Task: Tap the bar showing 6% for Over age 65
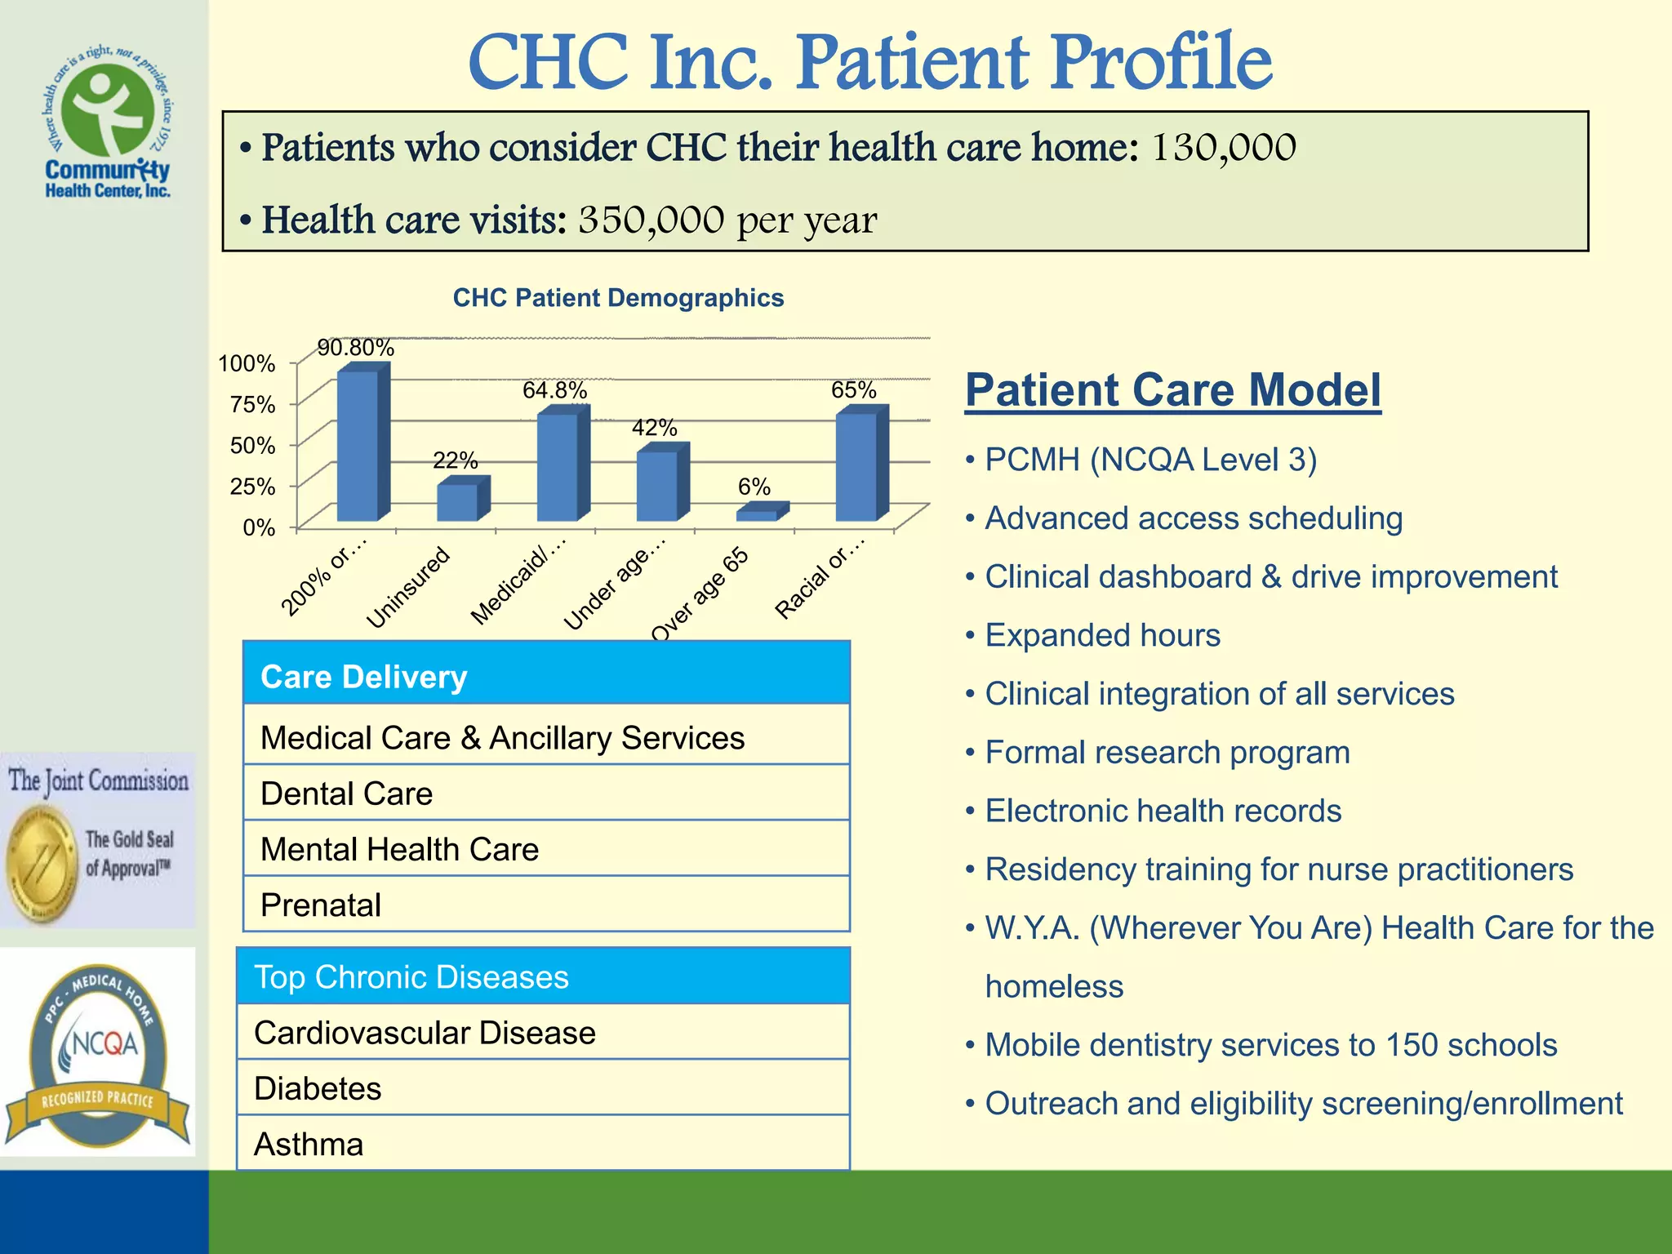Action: (x=758, y=514)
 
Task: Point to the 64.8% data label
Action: (x=554, y=390)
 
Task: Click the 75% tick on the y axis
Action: (x=252, y=404)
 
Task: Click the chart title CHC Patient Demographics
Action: (x=618, y=298)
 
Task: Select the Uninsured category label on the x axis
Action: (x=408, y=588)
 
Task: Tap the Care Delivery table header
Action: (x=546, y=676)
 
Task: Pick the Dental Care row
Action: (x=546, y=793)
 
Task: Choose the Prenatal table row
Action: (x=546, y=905)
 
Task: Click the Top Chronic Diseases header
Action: (x=543, y=976)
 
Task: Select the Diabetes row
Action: (x=543, y=1088)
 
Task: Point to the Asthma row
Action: (x=543, y=1144)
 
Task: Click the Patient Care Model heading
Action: (x=1172, y=389)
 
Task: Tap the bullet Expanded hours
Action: (x=1102, y=635)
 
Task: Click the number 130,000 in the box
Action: (x=1223, y=149)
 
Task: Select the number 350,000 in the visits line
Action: (x=651, y=220)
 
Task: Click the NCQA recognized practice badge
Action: (x=98, y=1053)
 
